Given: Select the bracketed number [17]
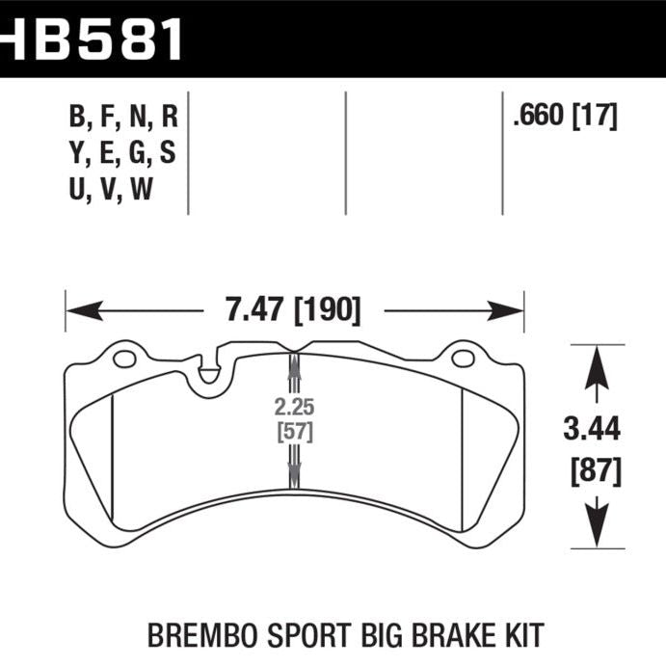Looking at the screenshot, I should click(x=595, y=118).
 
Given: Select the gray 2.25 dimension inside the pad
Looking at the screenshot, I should click(x=292, y=405).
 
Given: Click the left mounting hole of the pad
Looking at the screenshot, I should click(x=124, y=360).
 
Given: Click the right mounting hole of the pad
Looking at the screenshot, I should click(x=463, y=360).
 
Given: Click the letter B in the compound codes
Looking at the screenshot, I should click(x=77, y=119).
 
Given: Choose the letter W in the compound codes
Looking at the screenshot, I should click(x=142, y=190).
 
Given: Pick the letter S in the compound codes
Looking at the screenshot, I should click(x=169, y=154).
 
